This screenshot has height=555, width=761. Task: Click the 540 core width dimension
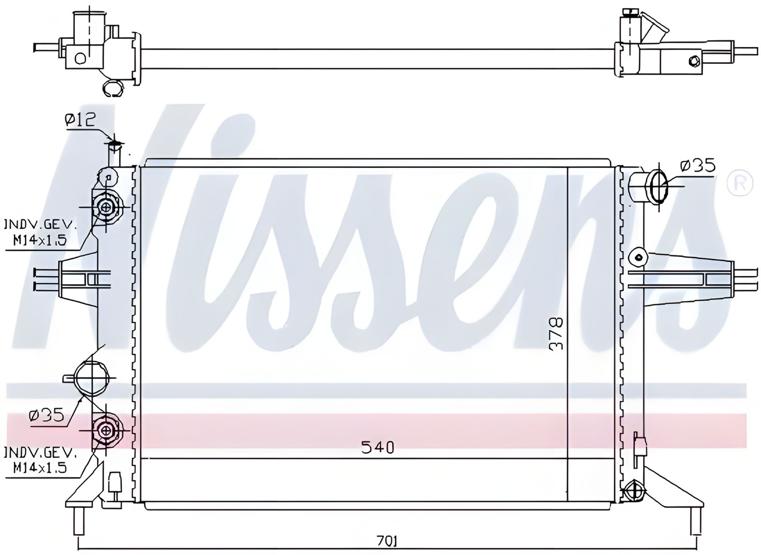(378, 448)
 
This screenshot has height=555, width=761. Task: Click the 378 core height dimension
(556, 333)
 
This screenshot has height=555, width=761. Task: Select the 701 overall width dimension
(387, 541)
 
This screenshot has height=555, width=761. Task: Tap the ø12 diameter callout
(81, 119)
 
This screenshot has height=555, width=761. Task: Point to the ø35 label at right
(698, 165)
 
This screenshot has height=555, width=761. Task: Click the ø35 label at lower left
(46, 415)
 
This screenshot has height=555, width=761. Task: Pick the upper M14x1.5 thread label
(40, 240)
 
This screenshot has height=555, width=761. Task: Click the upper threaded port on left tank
(106, 207)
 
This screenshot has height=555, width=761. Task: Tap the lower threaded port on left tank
(106, 430)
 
